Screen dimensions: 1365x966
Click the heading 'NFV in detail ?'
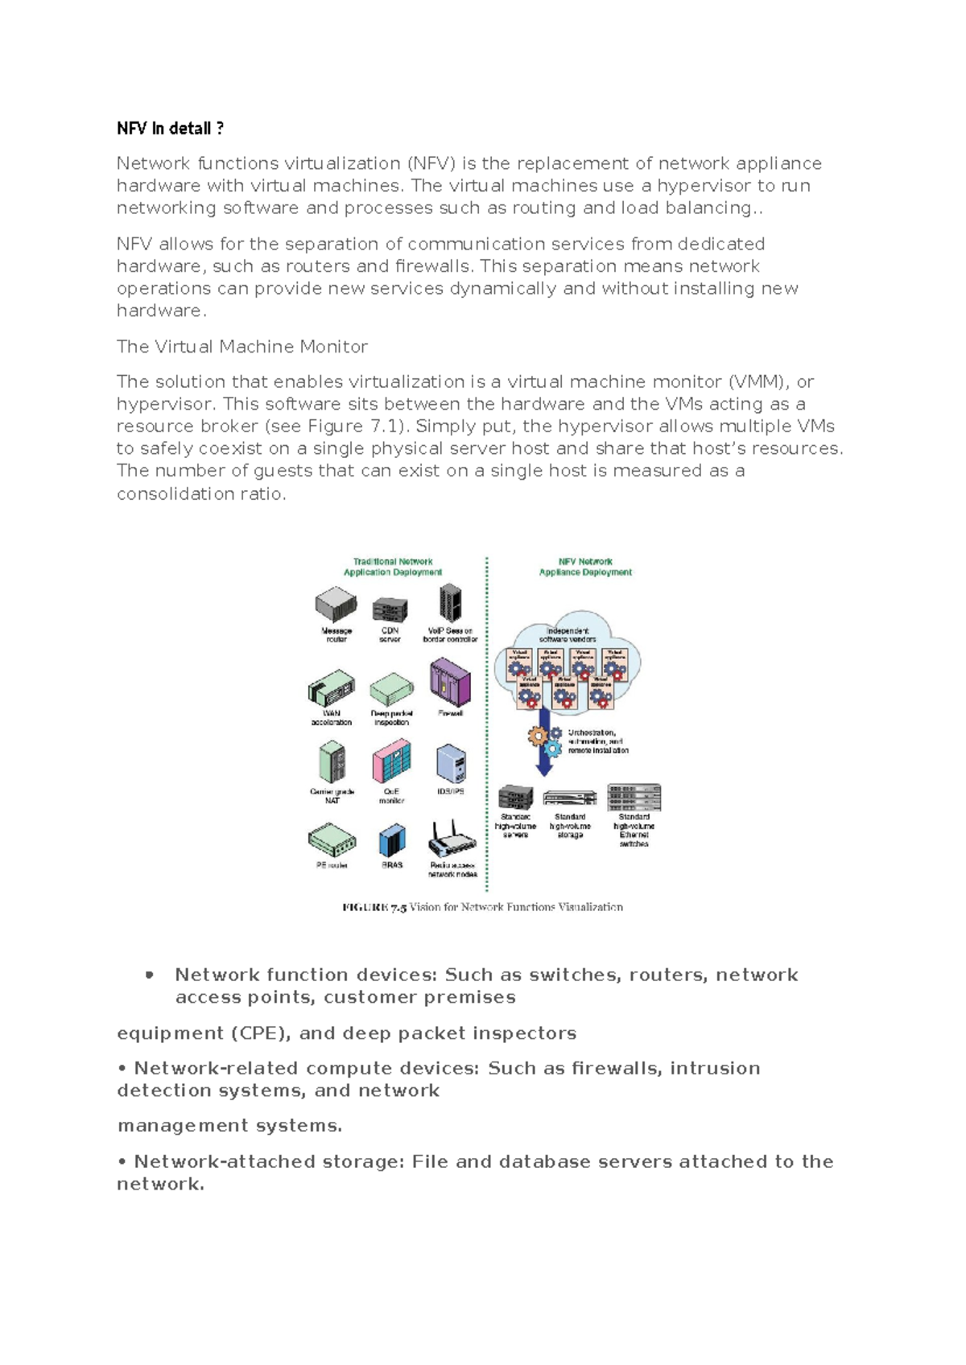tap(170, 129)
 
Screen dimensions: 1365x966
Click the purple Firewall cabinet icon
tap(450, 682)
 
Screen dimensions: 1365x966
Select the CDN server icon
tap(390, 609)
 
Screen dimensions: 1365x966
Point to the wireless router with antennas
tap(452, 841)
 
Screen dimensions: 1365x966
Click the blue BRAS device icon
tap(392, 841)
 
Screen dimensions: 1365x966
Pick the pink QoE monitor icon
tap(392, 761)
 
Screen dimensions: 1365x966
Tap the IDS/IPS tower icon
tap(451, 763)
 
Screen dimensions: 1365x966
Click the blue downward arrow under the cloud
tap(544, 741)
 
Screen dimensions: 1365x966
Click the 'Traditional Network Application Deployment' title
tap(393, 567)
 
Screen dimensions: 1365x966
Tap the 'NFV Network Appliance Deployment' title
tap(585, 567)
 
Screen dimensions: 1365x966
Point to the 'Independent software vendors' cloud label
tap(568, 634)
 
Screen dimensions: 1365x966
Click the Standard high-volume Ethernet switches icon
tap(634, 797)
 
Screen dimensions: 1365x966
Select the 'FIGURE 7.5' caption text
tap(482, 907)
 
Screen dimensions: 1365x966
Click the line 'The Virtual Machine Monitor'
tap(242, 347)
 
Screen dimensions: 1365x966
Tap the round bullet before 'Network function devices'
tap(149, 975)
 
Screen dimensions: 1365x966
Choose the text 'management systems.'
tap(229, 1126)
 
